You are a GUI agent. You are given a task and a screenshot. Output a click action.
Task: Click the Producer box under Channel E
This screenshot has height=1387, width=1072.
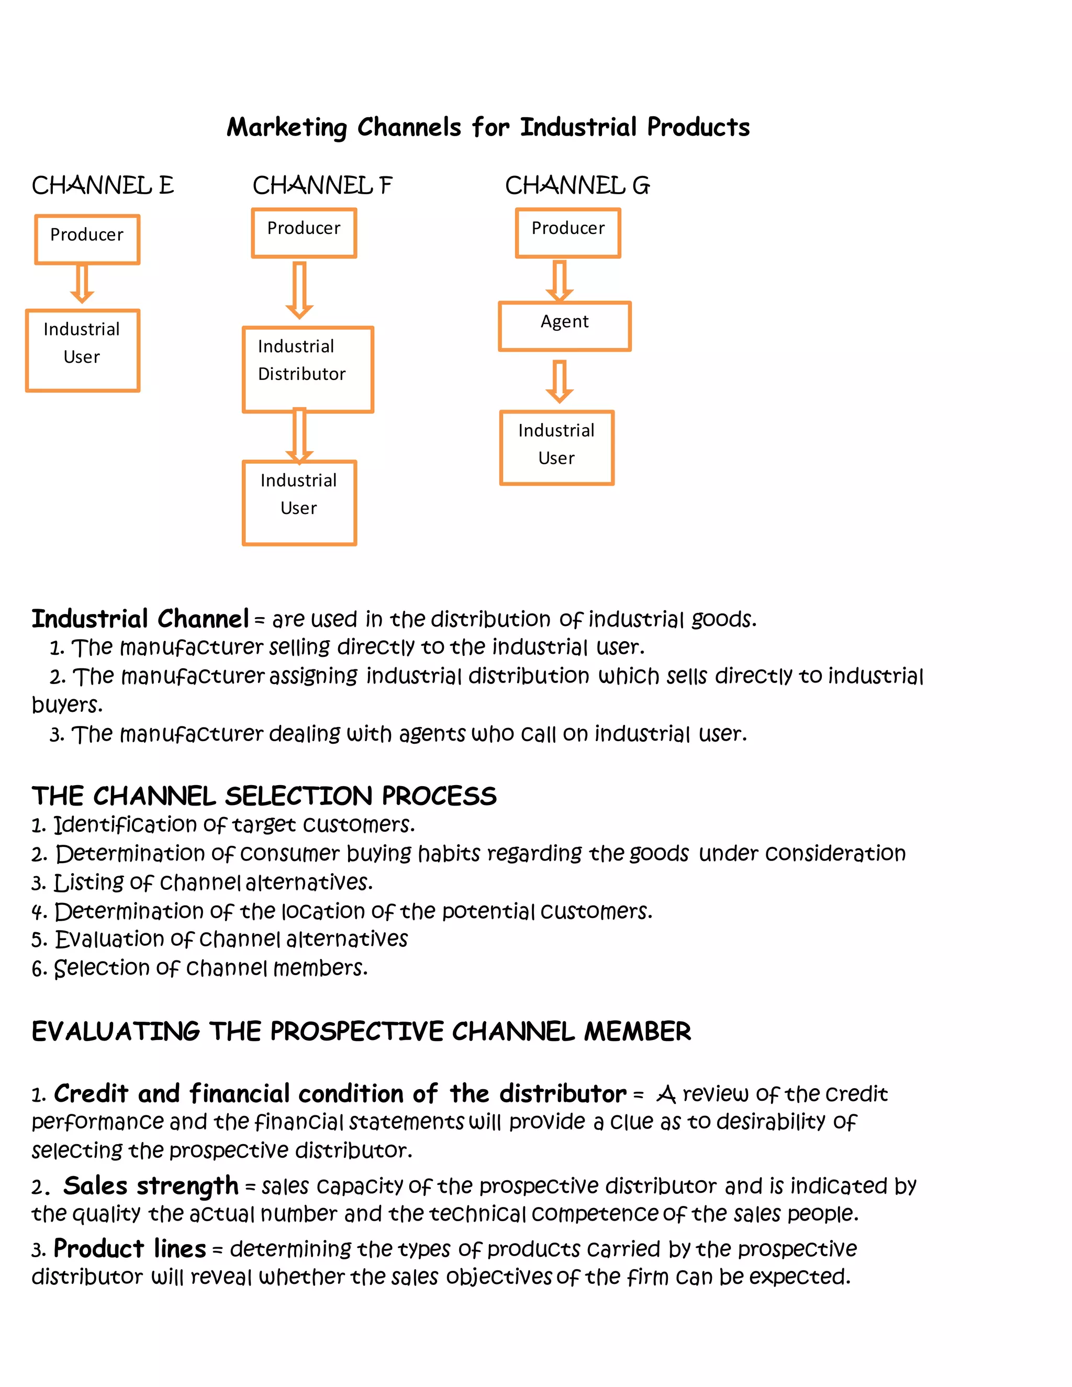[x=87, y=239]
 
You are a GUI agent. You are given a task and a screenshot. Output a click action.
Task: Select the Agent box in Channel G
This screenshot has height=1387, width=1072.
[x=565, y=326]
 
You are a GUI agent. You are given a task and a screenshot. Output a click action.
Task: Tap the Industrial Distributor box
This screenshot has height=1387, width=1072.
[x=308, y=369]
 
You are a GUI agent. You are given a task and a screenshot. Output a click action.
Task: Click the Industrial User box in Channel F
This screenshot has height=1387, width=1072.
[x=299, y=502]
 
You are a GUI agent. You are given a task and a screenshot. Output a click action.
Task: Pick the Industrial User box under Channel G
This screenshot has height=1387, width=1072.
[x=557, y=448]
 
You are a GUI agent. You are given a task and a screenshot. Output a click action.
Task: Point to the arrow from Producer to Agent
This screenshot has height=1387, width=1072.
[x=560, y=280]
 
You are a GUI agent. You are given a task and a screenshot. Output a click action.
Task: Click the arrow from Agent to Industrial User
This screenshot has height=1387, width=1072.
[x=560, y=381]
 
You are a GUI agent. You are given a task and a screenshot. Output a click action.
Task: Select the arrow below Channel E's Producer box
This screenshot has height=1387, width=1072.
[x=82, y=283]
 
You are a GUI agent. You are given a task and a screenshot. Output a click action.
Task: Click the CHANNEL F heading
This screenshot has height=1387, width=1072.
[x=322, y=185]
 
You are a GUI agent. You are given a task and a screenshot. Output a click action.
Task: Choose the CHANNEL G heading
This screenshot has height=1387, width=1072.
[x=577, y=185]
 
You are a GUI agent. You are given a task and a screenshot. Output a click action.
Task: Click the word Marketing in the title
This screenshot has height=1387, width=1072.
[x=287, y=128]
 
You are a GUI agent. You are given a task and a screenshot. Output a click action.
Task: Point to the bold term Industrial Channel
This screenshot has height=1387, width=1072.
[x=140, y=619]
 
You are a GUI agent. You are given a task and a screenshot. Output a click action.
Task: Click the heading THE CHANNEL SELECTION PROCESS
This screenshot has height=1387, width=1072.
[x=264, y=796]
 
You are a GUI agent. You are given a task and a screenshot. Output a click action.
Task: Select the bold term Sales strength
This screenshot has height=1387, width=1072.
[x=151, y=1185]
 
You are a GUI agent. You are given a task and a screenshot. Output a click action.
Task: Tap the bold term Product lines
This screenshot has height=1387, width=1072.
[x=130, y=1248]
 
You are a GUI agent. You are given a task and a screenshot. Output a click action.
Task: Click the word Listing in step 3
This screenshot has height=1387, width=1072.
[x=89, y=882]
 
